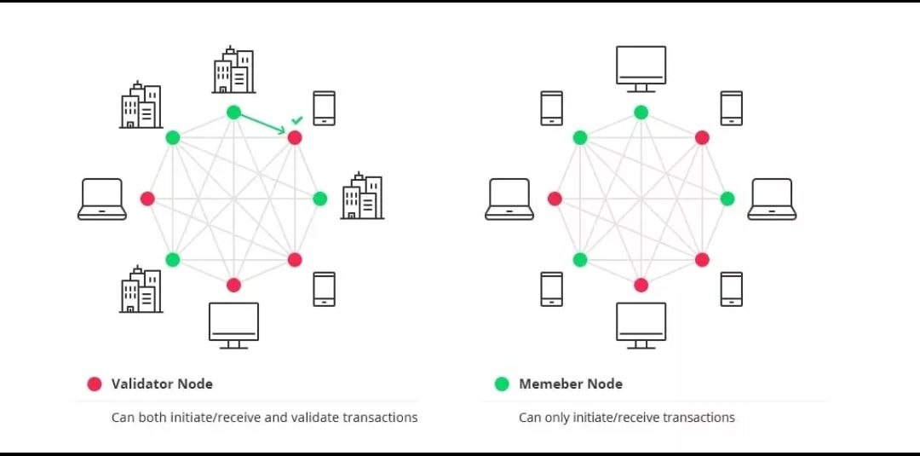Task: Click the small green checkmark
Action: coord(296,121)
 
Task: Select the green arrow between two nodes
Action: coord(262,124)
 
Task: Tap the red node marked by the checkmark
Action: coord(295,137)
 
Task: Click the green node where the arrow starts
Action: coord(233,112)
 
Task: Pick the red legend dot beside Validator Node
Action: coord(95,384)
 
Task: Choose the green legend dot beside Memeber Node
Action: coord(502,384)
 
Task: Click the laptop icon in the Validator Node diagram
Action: coord(102,199)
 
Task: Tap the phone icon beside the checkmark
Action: coord(324,108)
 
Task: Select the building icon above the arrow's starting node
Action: coord(233,71)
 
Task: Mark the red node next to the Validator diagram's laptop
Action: coord(147,199)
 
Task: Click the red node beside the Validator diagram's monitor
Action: coord(233,285)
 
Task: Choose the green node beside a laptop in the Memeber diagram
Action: coord(727,199)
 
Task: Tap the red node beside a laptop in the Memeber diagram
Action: coord(555,199)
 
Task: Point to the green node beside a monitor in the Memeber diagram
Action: coord(641,112)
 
